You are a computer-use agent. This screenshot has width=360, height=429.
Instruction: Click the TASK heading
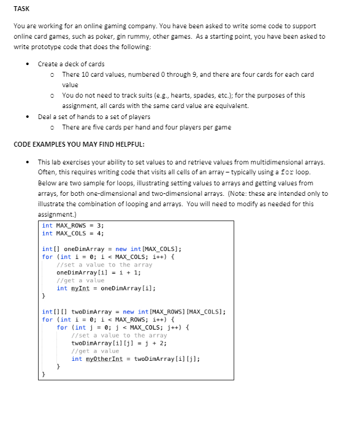click(21, 9)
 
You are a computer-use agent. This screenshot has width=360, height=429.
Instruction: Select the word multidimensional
click(274, 162)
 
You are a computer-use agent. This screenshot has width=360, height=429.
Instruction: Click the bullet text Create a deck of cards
click(71, 64)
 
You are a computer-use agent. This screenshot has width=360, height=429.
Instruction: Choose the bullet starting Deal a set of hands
click(93, 117)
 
